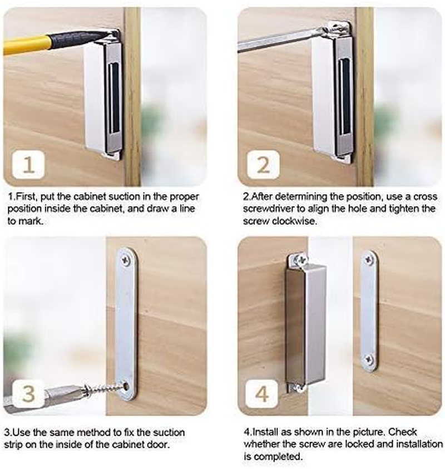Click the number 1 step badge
coord(28,165)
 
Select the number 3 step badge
coord(28,394)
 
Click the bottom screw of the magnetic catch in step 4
coord(299,387)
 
